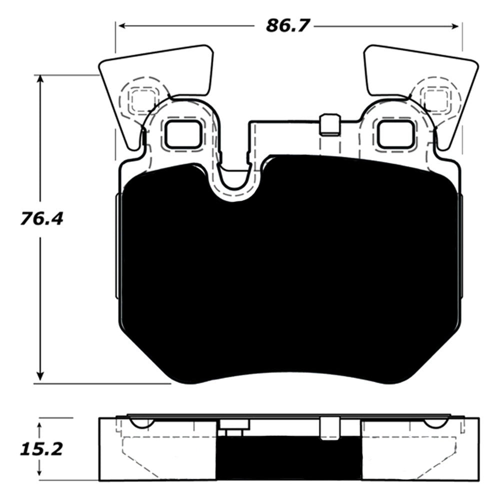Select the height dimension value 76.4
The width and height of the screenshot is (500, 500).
click(41, 218)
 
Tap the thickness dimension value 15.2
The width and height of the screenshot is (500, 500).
click(41, 450)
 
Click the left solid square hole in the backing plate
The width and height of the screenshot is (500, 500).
click(183, 134)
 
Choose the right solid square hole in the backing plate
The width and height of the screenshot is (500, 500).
click(395, 134)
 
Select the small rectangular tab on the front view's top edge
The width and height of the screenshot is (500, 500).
click(329, 124)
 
